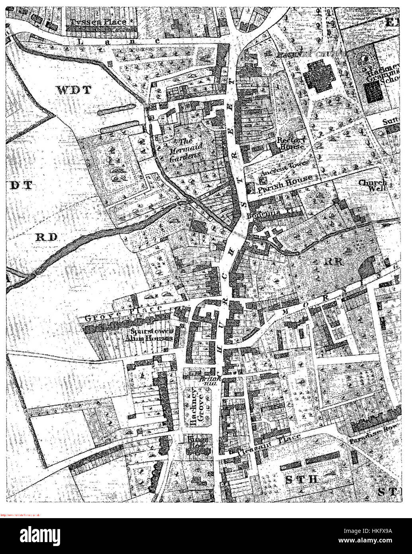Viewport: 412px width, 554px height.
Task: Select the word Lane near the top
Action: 119,40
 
